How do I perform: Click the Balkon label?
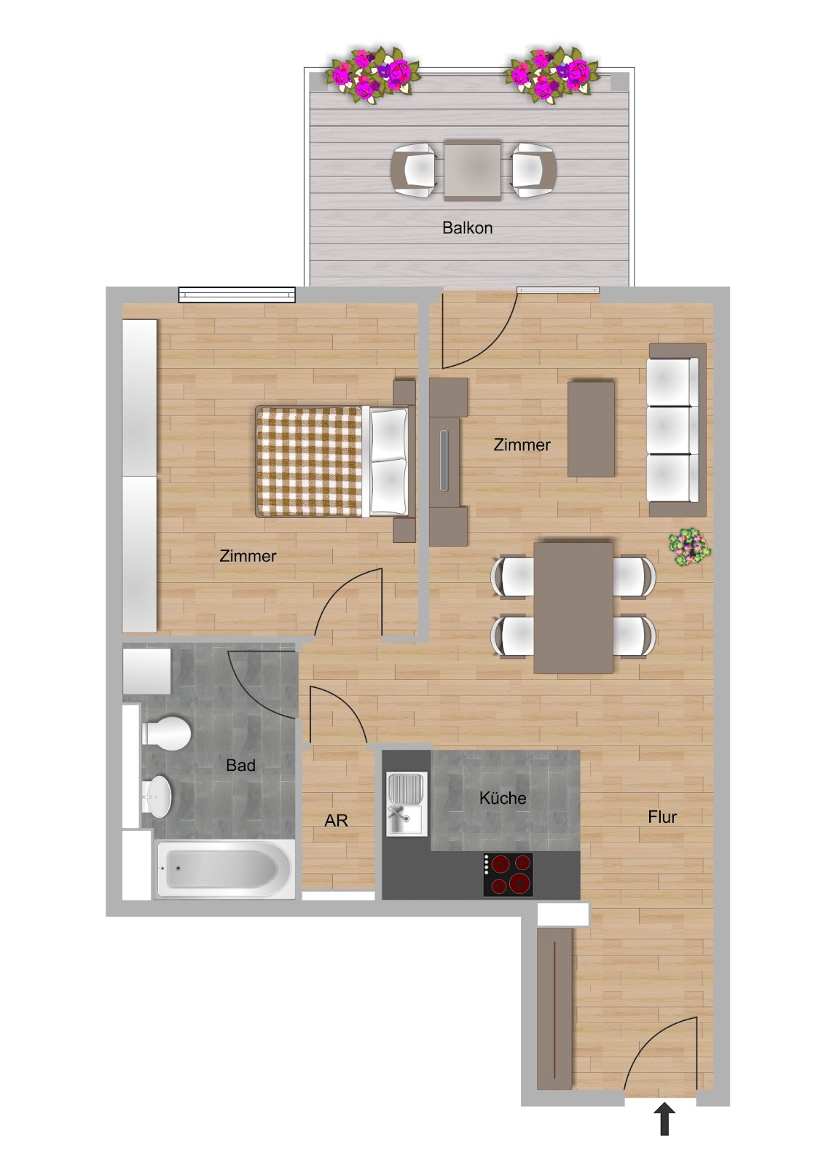467,227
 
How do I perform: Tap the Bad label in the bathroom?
240,765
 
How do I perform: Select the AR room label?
336,821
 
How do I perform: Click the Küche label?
502,798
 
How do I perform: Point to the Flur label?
662,817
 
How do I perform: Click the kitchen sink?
407,805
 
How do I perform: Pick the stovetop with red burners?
508,875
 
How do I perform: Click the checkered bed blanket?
310,462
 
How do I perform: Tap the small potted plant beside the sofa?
689,547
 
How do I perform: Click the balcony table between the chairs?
473,170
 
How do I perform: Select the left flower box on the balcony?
373,76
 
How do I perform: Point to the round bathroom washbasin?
157,797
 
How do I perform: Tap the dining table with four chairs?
573,608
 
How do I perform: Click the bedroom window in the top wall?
237,295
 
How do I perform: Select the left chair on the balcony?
414,170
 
